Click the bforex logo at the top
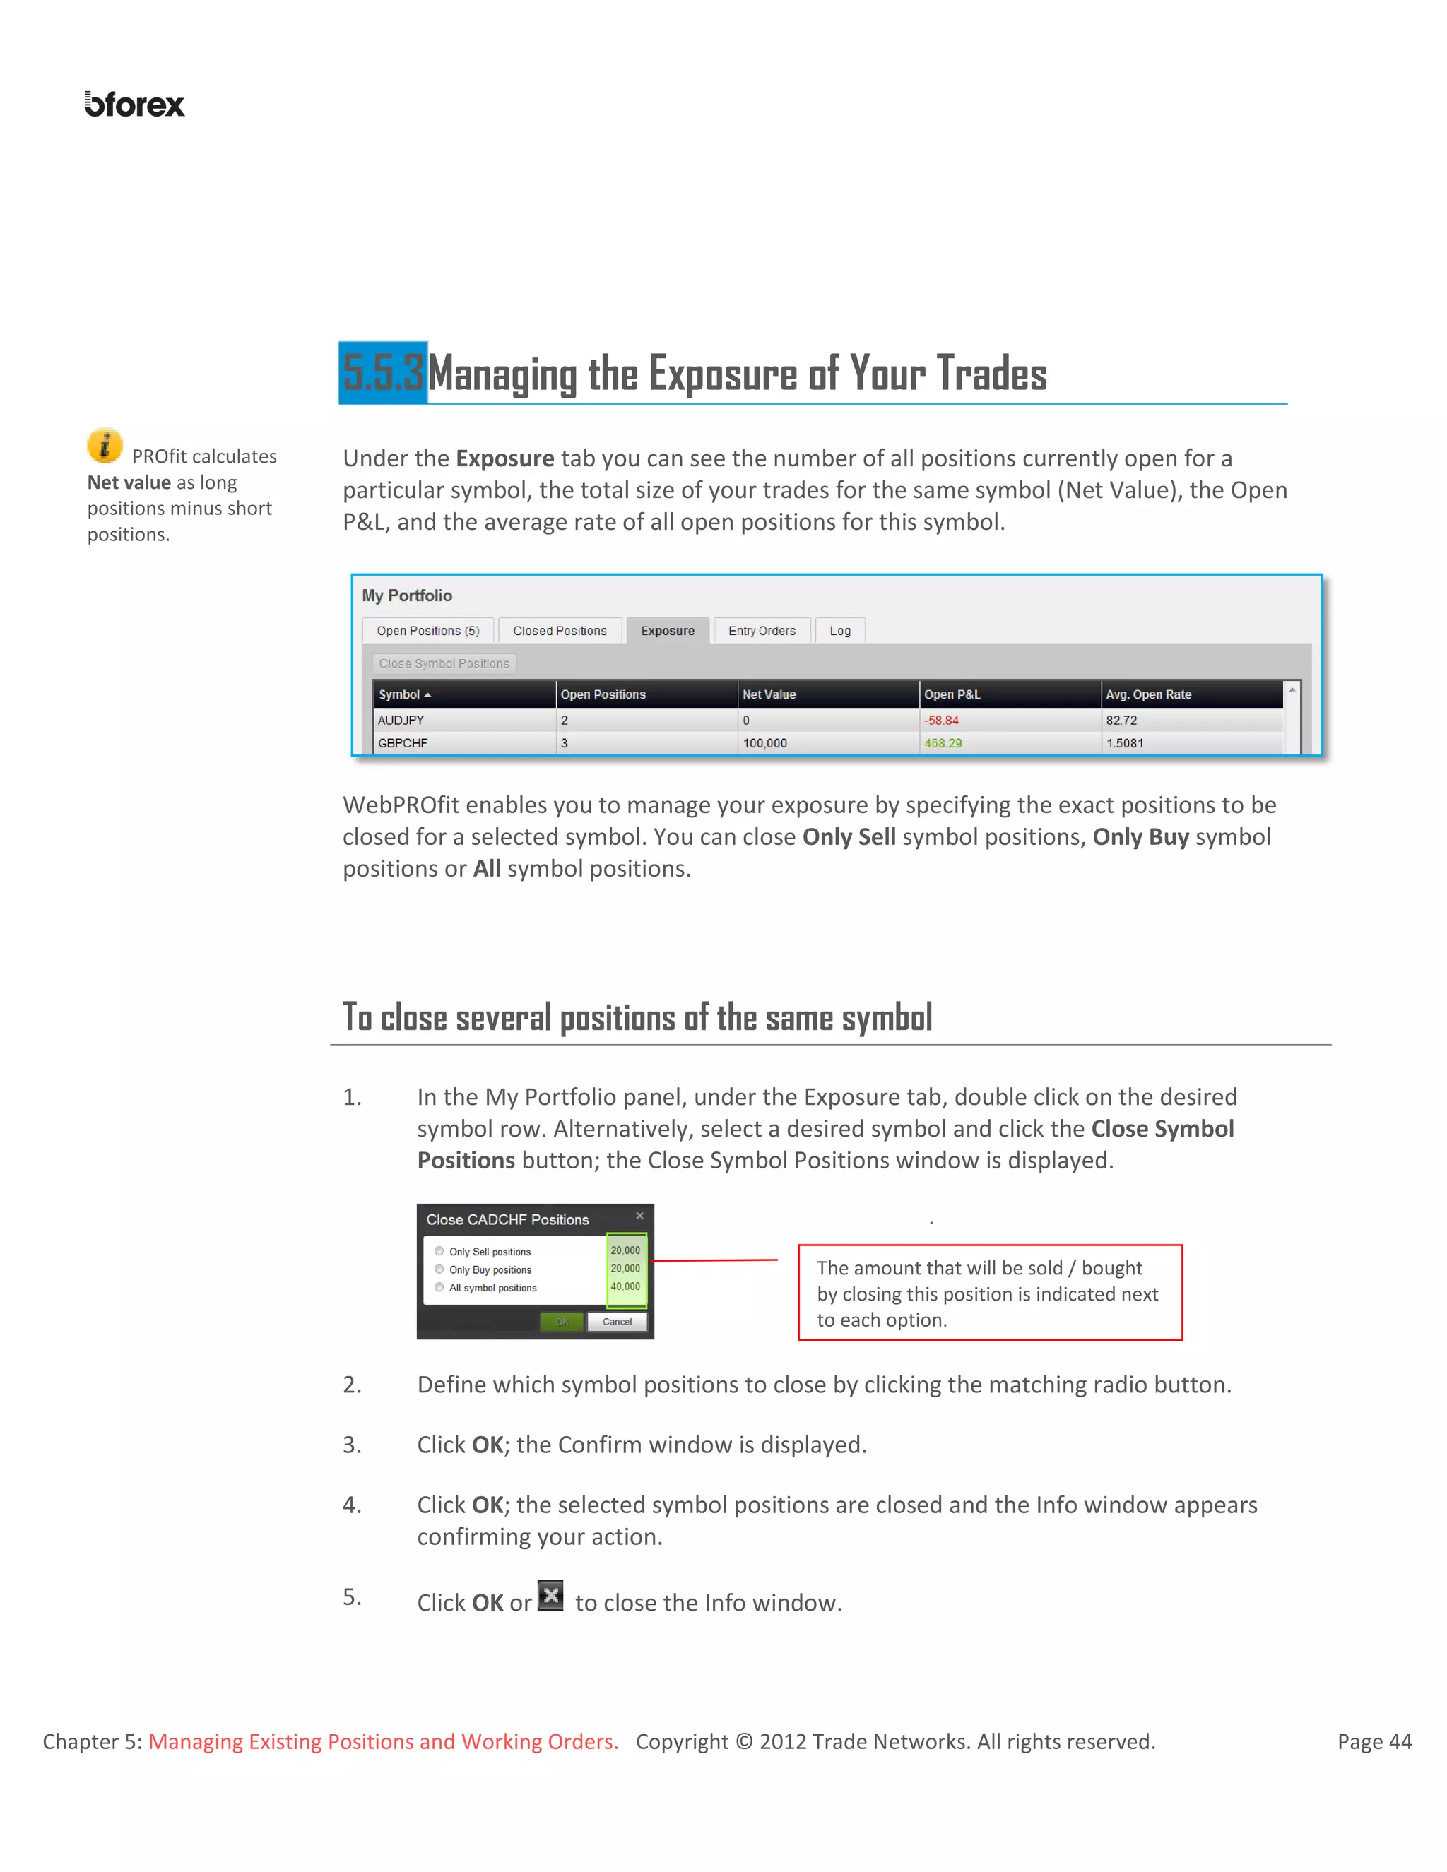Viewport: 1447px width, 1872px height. pyautogui.click(x=134, y=105)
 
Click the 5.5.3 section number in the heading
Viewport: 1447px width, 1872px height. pyautogui.click(x=383, y=373)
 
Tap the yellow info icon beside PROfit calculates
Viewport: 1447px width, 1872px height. pyautogui.click(x=105, y=446)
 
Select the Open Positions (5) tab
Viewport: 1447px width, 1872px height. pyautogui.click(x=427, y=631)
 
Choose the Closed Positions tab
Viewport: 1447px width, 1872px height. pyautogui.click(x=560, y=631)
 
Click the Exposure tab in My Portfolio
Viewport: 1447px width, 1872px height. pyautogui.click(x=668, y=631)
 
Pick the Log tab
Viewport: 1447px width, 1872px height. pyautogui.click(x=840, y=631)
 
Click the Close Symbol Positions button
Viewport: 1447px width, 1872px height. pyautogui.click(x=444, y=663)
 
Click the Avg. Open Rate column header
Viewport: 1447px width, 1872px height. pyautogui.click(x=1148, y=694)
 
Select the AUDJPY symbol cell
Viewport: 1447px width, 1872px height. pyautogui.click(x=401, y=720)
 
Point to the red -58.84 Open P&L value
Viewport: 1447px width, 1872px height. pyautogui.click(x=941, y=720)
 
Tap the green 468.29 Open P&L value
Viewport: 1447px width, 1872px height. pyautogui.click(x=943, y=743)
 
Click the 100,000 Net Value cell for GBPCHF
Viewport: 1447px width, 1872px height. pyautogui.click(x=764, y=743)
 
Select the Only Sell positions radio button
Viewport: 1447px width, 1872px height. pyautogui.click(x=439, y=1252)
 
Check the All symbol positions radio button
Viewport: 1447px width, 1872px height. pyautogui.click(x=439, y=1287)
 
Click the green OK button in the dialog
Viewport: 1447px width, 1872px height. pyautogui.click(x=562, y=1322)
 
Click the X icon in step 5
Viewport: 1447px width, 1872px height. pyautogui.click(x=550, y=1596)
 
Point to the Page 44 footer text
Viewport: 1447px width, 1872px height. pyautogui.click(x=1374, y=1742)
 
